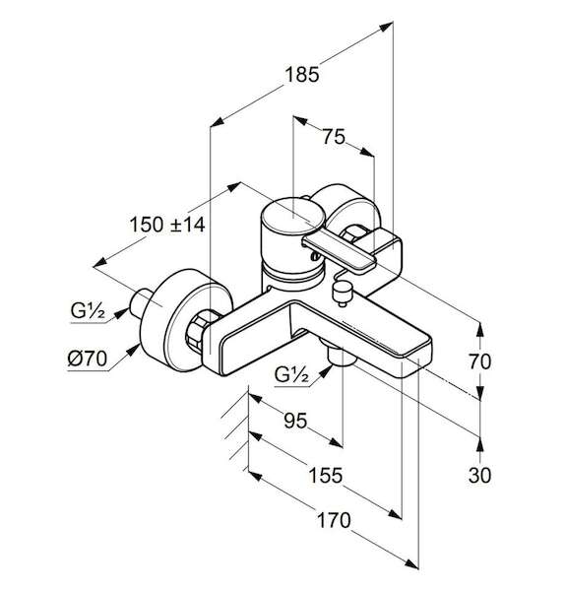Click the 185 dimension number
(x=301, y=74)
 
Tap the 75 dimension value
(x=334, y=137)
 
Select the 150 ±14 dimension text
(x=167, y=225)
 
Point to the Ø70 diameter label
(x=88, y=359)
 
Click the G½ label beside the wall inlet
(x=88, y=311)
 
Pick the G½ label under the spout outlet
(x=291, y=374)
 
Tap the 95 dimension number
(x=295, y=421)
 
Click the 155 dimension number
(x=326, y=475)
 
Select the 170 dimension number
(x=334, y=520)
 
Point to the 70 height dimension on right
(x=479, y=361)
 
